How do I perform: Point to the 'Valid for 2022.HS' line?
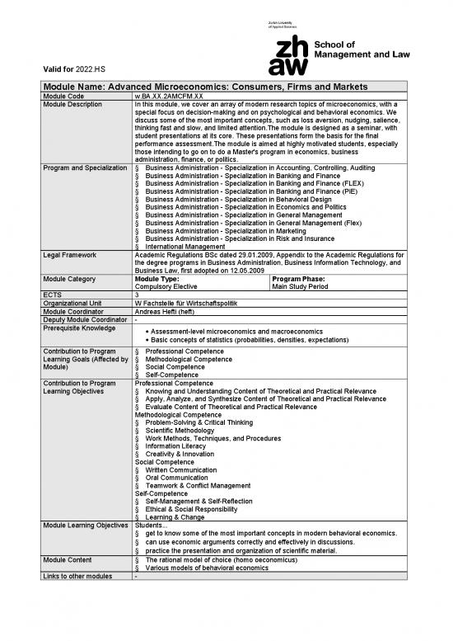[68, 69]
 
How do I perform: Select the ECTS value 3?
[137, 295]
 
